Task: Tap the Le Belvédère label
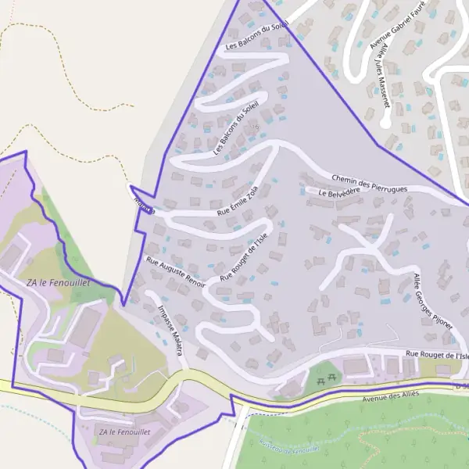[x=338, y=192]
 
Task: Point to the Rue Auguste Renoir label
[x=176, y=272]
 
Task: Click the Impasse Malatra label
[x=170, y=329]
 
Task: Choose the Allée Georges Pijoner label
[x=433, y=299]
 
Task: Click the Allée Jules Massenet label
[x=381, y=75]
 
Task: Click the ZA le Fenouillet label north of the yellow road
[x=58, y=281]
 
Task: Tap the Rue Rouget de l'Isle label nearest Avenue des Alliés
[x=436, y=355]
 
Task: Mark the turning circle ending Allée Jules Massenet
[x=385, y=123]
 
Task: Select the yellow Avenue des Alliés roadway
[x=195, y=383]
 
